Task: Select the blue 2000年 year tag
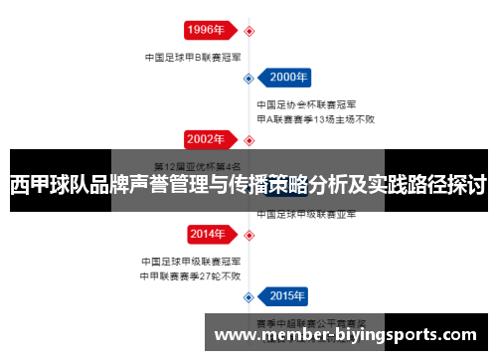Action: point(289,77)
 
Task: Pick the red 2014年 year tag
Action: point(206,235)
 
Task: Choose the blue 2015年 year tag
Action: point(289,295)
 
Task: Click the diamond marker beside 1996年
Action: point(249,31)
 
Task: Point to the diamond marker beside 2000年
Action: point(248,77)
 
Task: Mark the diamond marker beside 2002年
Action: point(249,138)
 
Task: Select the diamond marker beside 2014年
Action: point(249,235)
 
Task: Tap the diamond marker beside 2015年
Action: point(248,295)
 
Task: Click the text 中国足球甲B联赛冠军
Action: point(191,57)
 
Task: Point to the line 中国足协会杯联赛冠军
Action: point(307,104)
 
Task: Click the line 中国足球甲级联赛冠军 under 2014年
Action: point(191,263)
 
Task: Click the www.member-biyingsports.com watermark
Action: point(351,336)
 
